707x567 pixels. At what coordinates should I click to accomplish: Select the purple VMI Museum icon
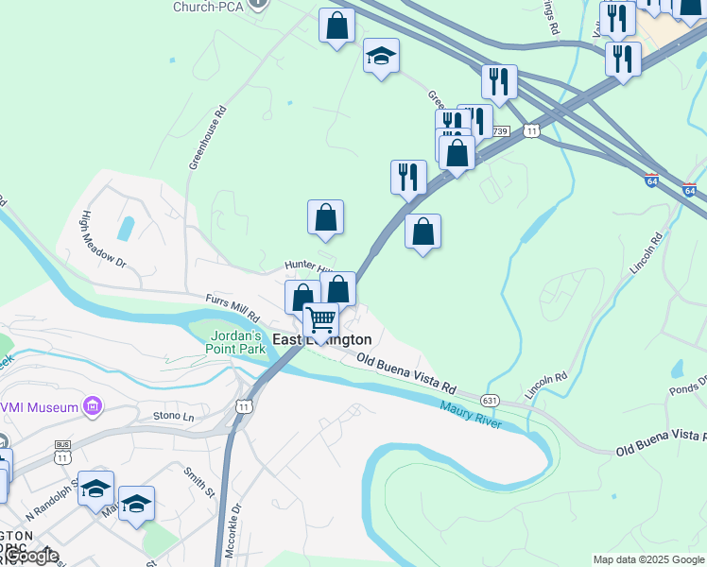coord(92,407)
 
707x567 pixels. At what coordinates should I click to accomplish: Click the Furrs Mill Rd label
coord(233,304)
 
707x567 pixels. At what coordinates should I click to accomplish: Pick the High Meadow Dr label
coord(103,238)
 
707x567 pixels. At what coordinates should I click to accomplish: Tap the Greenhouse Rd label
coord(208,137)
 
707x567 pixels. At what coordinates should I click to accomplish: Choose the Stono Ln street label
coord(173,415)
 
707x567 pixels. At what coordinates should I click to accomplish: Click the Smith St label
coord(199,480)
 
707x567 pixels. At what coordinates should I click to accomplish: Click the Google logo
coord(30,557)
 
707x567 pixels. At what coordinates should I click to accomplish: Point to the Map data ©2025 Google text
coord(648,559)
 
